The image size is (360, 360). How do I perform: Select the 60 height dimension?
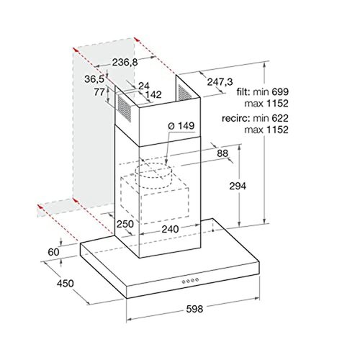54,251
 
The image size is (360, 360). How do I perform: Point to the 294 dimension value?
238,186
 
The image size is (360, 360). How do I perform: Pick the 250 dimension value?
126,225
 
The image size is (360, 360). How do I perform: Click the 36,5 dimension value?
94,79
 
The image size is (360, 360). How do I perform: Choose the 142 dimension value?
152,94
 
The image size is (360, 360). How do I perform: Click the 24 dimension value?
143,86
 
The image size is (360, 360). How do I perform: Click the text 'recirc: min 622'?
260,117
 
